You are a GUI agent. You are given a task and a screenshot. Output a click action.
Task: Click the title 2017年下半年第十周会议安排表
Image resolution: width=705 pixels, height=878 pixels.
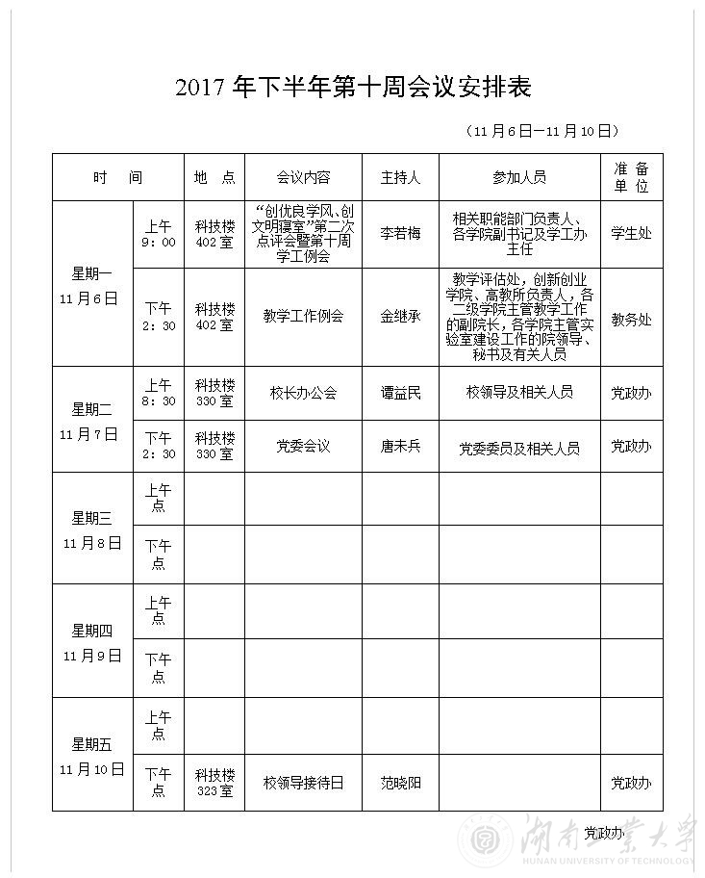(x=353, y=89)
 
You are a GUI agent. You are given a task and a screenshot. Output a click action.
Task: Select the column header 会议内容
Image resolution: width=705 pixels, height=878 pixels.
(x=303, y=177)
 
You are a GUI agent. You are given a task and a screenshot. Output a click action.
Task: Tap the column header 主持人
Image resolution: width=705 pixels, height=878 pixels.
(x=400, y=177)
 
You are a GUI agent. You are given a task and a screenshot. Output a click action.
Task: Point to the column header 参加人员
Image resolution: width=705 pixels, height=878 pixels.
(x=519, y=177)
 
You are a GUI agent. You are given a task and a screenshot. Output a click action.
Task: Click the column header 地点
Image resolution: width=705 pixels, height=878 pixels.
(x=214, y=177)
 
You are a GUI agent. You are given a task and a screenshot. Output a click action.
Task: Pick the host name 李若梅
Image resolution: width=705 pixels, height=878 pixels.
(x=400, y=234)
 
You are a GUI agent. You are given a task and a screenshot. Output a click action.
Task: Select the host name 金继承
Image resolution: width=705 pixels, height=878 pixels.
(x=400, y=316)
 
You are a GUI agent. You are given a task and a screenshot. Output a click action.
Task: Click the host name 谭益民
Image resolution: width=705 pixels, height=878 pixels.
(x=400, y=393)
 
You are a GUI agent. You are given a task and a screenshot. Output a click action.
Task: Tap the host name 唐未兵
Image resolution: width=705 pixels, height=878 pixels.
(x=400, y=447)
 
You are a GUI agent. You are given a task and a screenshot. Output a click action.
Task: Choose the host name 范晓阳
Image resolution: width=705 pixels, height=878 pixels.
(x=400, y=783)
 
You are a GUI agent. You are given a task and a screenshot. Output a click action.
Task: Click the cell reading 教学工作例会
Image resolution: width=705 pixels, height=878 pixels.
(x=303, y=316)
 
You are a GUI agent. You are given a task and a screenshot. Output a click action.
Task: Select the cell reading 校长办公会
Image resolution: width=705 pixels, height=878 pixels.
(x=303, y=393)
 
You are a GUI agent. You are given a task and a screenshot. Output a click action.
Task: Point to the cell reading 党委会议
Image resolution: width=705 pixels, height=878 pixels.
(x=303, y=447)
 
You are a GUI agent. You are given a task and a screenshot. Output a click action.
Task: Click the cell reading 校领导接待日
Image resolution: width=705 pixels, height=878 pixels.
(x=303, y=783)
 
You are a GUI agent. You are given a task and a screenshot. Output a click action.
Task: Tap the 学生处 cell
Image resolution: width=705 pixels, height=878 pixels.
(x=631, y=234)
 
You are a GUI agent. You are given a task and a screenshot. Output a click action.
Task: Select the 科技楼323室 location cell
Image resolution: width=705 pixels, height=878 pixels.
(x=214, y=783)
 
